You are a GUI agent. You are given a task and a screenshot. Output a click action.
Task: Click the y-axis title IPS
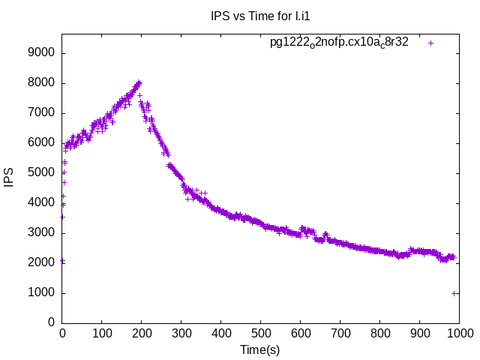9,178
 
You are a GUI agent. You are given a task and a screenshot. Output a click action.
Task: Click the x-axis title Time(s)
260,349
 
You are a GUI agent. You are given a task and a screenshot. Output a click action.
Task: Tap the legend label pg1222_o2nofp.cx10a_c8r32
339,42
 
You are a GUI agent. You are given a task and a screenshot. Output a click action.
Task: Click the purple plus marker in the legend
431,43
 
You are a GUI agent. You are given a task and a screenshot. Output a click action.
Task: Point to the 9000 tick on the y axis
41,52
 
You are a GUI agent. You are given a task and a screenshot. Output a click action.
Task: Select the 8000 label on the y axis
41,82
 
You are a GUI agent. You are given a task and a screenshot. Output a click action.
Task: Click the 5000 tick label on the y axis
41,172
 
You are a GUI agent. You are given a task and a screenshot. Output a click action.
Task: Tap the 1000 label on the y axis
41,292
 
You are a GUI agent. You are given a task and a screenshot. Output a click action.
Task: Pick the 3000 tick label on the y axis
41,232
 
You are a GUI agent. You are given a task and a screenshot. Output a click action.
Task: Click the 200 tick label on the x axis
142,333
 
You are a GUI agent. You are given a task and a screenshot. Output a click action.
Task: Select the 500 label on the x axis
261,333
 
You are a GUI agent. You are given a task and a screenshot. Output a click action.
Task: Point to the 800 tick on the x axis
380,333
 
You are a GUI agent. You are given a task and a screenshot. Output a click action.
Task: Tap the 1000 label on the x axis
459,333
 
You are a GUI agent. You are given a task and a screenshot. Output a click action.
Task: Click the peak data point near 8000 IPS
139,82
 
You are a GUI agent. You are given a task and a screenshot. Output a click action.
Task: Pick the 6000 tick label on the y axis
41,142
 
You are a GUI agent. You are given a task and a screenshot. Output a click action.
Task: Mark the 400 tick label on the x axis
221,333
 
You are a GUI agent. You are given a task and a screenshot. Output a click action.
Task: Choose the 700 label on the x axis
340,333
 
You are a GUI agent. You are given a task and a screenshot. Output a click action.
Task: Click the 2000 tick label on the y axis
41,262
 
